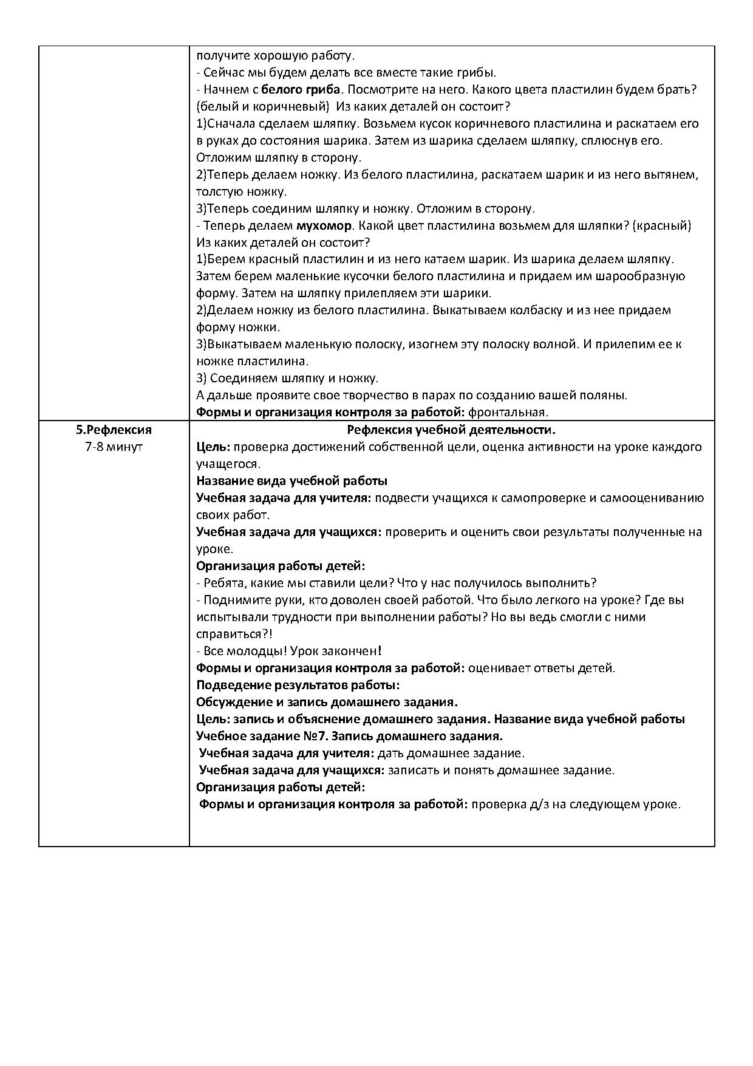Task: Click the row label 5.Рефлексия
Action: point(114,430)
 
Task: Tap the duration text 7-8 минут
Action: point(114,447)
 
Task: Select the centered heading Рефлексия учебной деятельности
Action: point(451,430)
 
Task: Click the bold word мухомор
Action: point(324,225)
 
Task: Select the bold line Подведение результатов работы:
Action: point(298,685)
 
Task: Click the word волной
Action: point(556,344)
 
